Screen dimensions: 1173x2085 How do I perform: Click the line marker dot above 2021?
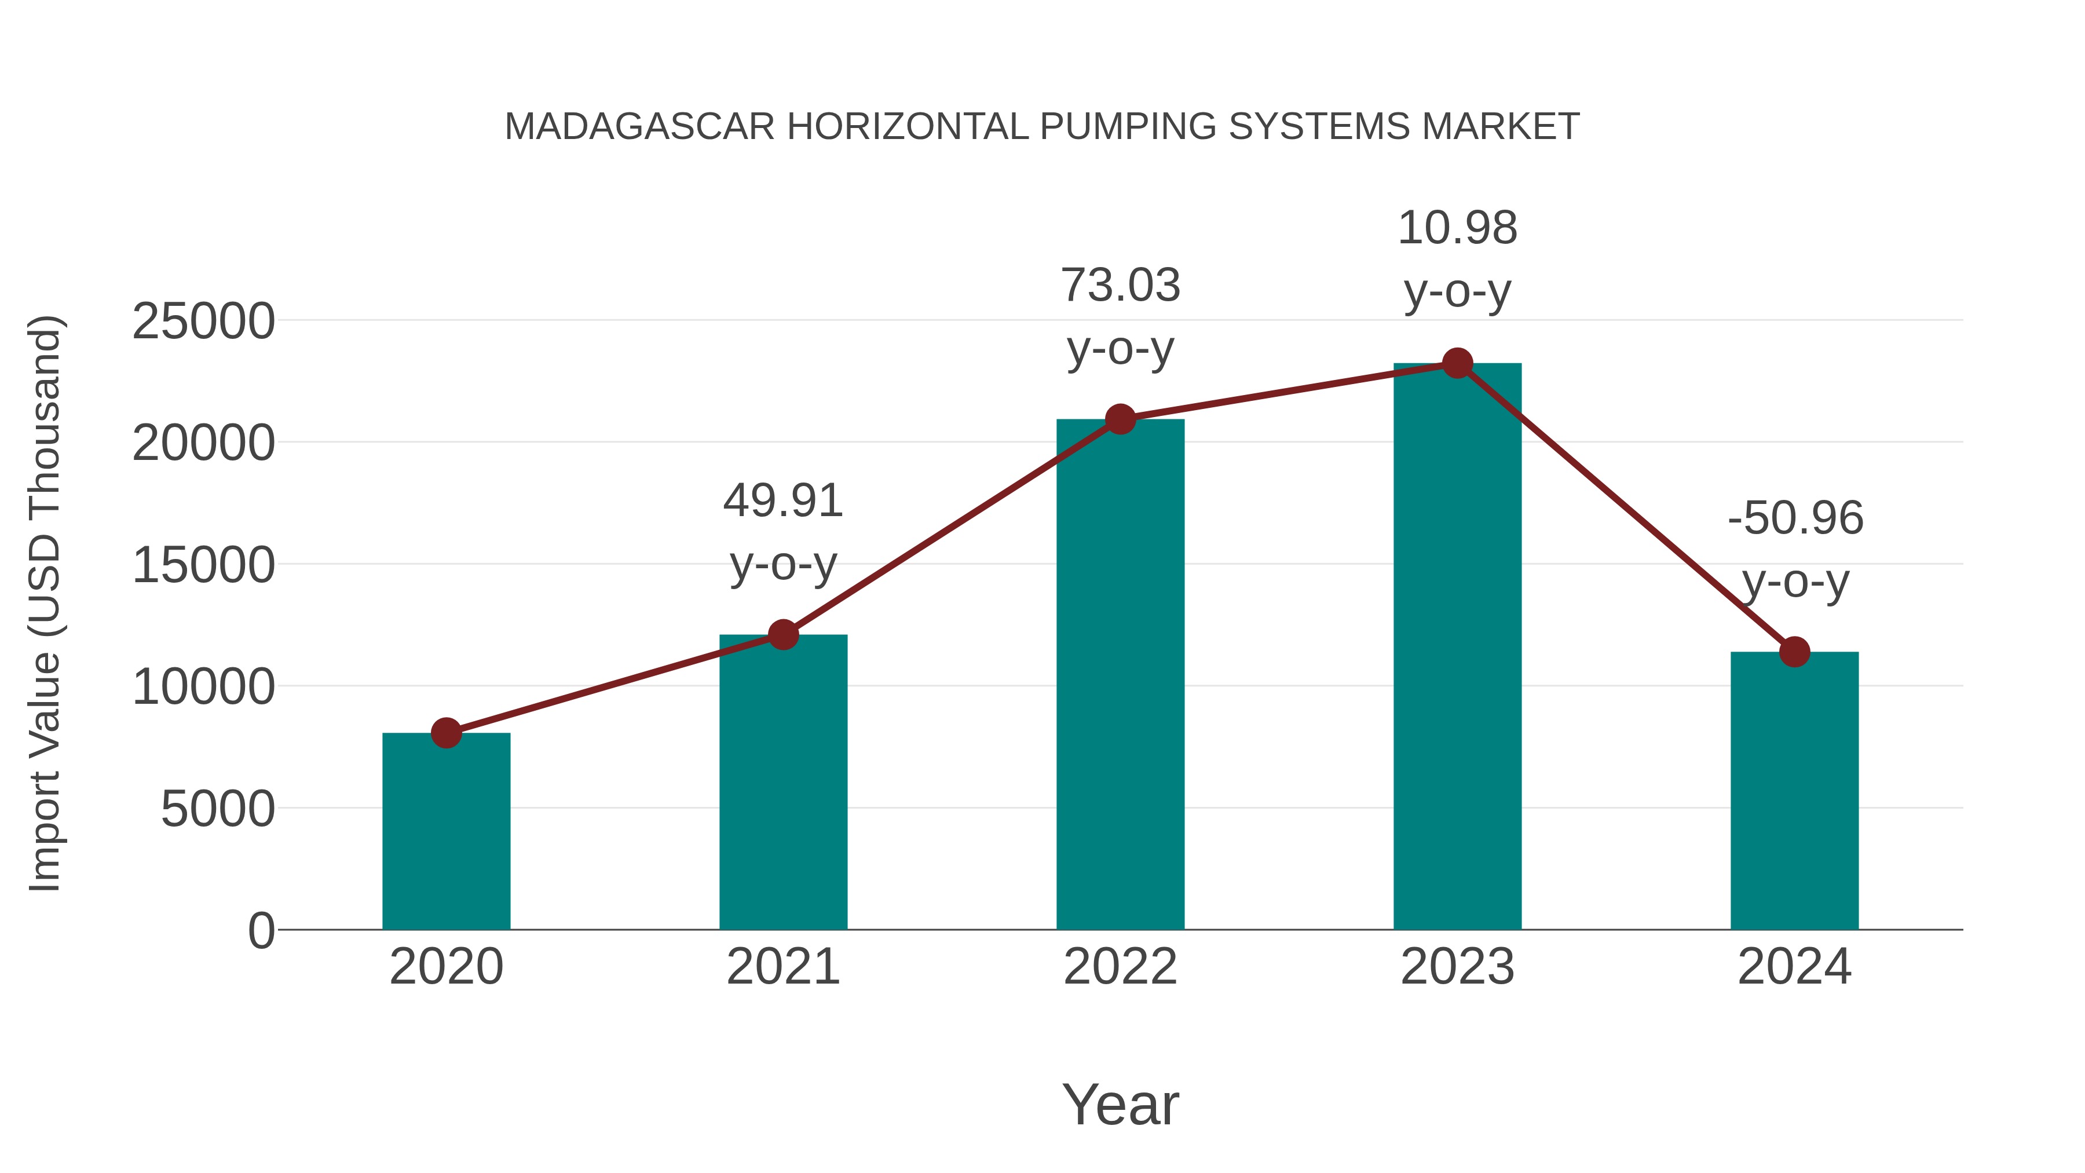[x=782, y=635]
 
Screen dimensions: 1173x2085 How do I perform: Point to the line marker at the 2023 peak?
[x=1457, y=363]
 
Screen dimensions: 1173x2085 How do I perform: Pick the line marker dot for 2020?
[x=446, y=733]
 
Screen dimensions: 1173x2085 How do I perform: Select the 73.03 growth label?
[x=1120, y=286]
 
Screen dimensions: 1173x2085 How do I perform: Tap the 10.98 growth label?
[x=1457, y=228]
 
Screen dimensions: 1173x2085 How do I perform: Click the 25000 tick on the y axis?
[x=203, y=321]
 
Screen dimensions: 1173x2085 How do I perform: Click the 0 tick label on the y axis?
[x=261, y=930]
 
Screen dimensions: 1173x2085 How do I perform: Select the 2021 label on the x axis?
[x=782, y=967]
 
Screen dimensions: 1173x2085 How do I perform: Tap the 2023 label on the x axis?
[x=1457, y=967]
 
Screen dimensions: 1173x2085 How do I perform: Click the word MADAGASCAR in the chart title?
[x=639, y=127]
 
